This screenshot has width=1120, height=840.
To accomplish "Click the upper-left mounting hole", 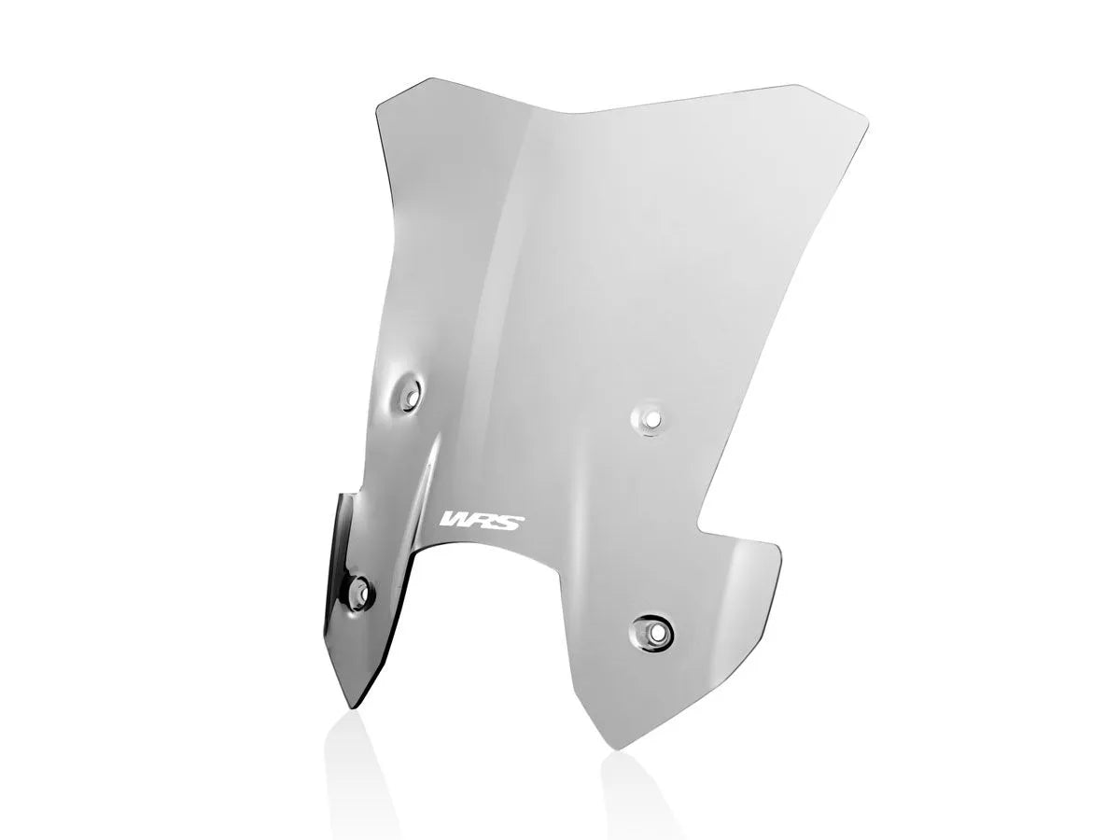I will click(x=408, y=396).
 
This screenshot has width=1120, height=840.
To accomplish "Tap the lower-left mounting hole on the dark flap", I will click(x=357, y=590).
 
